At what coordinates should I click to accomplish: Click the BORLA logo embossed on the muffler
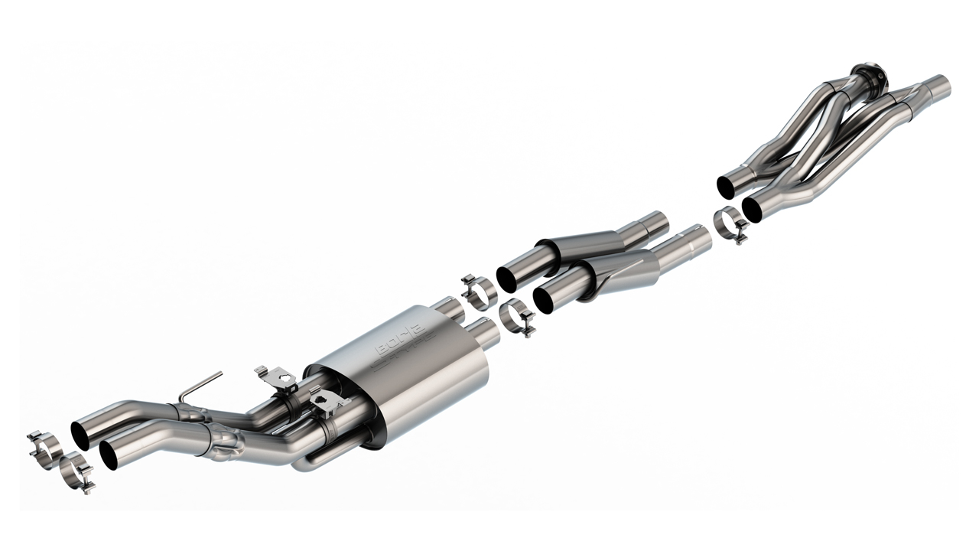click(x=404, y=349)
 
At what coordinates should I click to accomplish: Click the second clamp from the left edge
click(x=77, y=471)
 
